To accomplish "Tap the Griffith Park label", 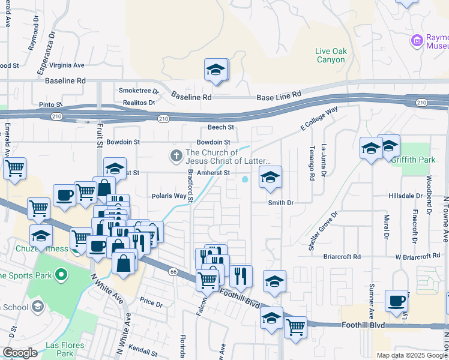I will [412, 160].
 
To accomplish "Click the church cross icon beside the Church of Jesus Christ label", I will [176, 157].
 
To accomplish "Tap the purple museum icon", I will [416, 41].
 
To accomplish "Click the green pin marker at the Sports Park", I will [60, 275].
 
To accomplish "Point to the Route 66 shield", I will [173, 272].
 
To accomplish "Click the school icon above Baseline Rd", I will [215, 70].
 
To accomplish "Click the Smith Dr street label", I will [280, 203].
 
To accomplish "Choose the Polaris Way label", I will [169, 196].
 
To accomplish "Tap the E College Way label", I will [319, 118].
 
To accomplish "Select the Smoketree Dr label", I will [139, 91].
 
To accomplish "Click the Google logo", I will [20, 353].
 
